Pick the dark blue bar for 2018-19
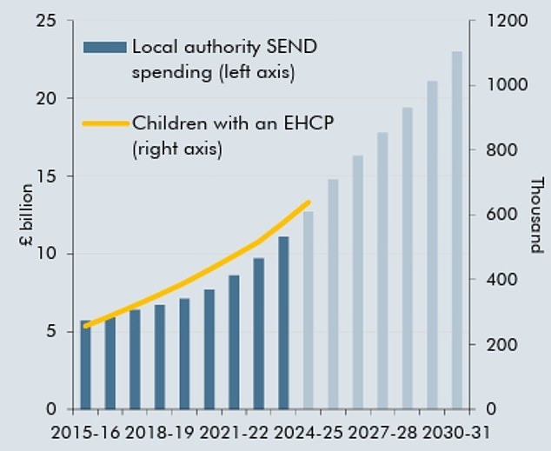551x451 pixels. click(x=160, y=357)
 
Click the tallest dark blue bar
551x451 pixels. click(x=283, y=322)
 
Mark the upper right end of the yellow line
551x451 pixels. click(x=309, y=202)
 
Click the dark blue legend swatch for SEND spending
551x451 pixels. click(x=103, y=47)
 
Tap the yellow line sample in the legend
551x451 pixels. click(x=103, y=123)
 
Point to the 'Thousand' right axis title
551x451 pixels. click(x=535, y=216)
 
